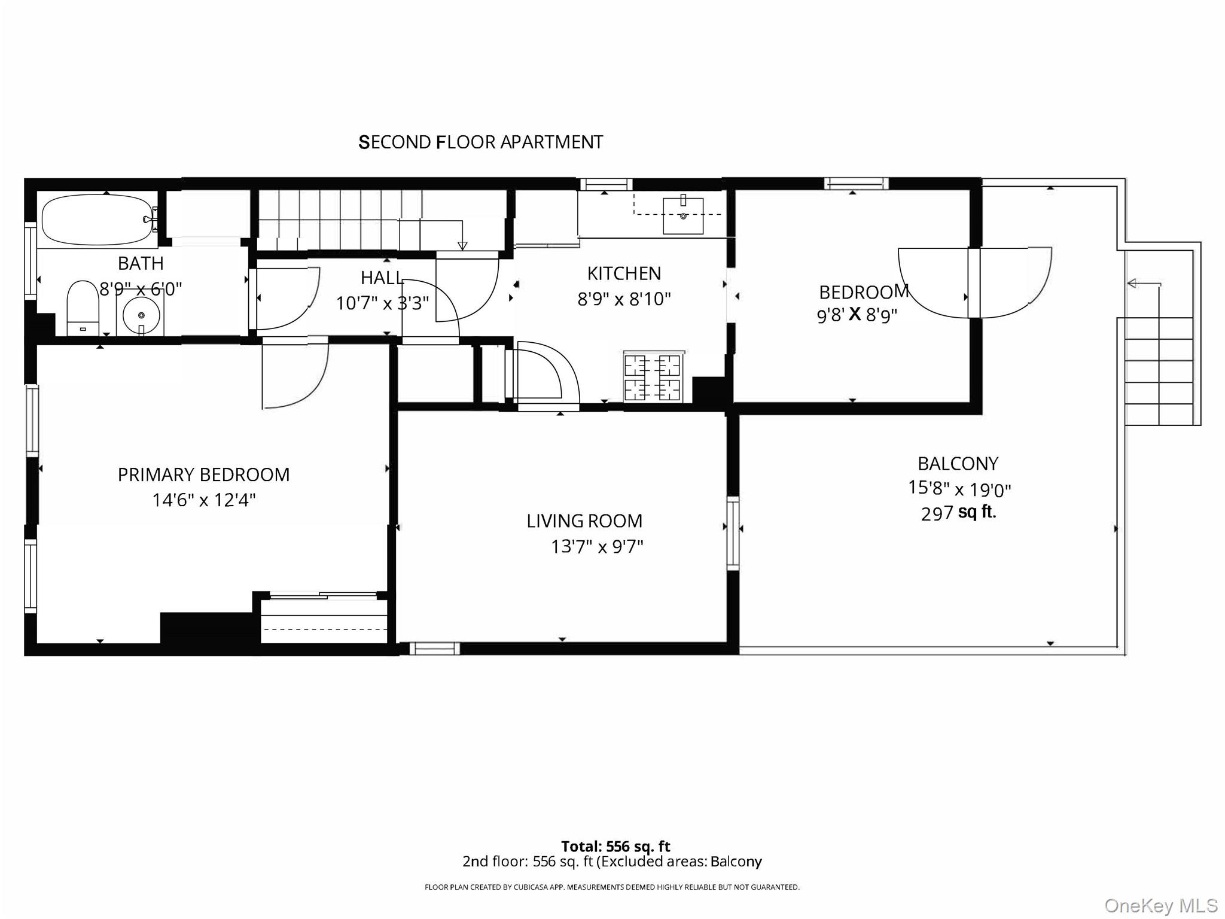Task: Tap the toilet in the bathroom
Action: tap(83, 308)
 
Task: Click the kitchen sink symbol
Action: tap(683, 215)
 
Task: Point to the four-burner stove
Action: tap(653, 377)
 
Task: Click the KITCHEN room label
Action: tap(624, 273)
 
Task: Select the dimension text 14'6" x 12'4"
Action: tap(203, 500)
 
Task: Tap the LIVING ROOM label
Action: tap(584, 521)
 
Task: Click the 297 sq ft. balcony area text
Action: tap(958, 513)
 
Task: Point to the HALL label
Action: tap(382, 278)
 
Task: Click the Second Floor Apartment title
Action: tap(480, 142)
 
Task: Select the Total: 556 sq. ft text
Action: tap(615, 846)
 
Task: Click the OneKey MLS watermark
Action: tap(1160, 905)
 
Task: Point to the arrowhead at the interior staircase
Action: tap(462, 245)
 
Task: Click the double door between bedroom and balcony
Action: tap(974, 282)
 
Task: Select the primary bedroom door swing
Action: tap(295, 374)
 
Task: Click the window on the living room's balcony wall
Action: tap(733, 532)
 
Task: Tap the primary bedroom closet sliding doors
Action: tap(323, 595)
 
